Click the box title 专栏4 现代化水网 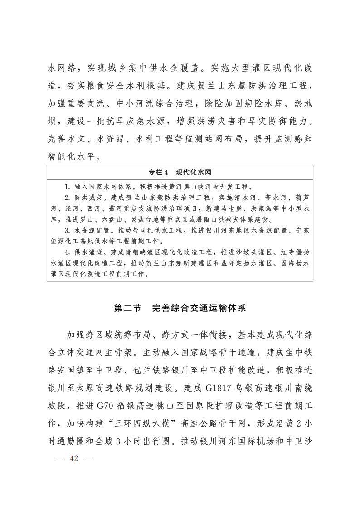pos(180,172)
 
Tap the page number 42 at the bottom pos(74,458)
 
